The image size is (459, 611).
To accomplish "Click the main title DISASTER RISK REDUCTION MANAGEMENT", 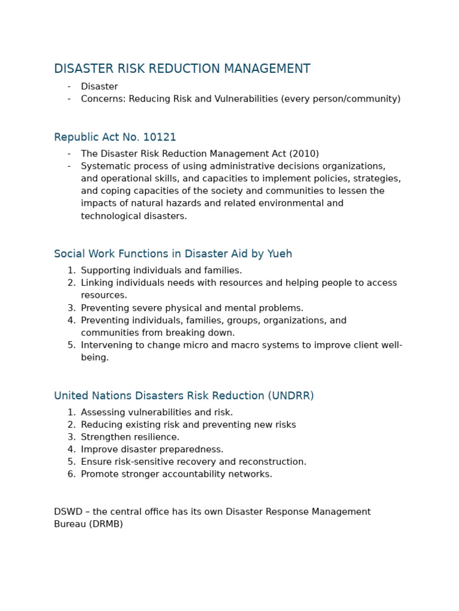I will coord(182,69).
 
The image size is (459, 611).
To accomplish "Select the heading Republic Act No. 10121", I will coord(115,137).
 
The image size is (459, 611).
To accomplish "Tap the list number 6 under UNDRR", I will coord(71,474).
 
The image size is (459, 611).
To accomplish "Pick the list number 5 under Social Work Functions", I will coord(71,345).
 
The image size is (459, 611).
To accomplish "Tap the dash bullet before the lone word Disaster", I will coord(69,87).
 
